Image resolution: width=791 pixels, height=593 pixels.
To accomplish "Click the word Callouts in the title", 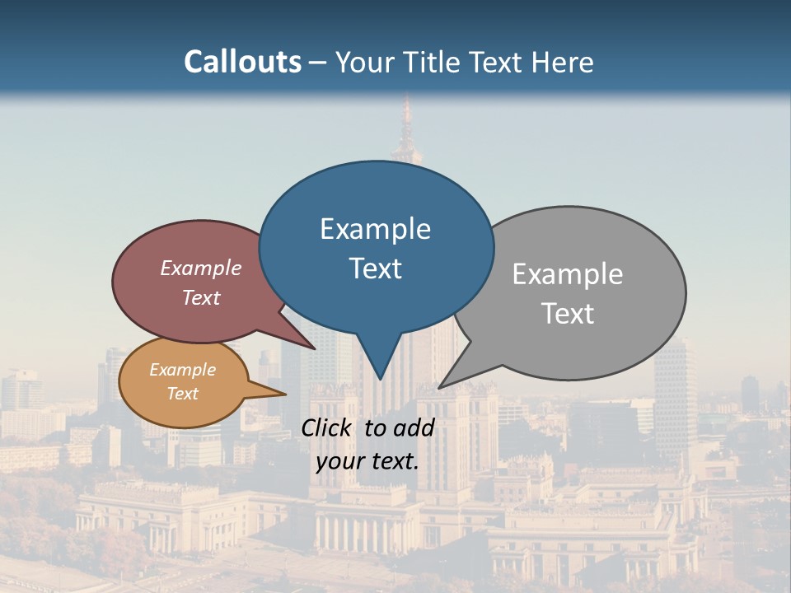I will [242, 62].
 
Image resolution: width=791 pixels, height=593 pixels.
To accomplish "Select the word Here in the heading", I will [564, 62].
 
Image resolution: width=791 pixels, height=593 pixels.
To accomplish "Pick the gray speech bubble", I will [593, 247].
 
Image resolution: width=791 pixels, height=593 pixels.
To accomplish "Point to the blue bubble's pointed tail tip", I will [380, 378].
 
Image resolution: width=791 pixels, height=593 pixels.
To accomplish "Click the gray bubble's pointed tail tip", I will [441, 386].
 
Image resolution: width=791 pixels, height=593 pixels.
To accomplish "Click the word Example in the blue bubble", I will [375, 228].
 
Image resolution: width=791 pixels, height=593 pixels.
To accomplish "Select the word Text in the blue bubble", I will [376, 268].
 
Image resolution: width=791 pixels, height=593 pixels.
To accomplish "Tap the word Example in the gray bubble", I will [568, 273].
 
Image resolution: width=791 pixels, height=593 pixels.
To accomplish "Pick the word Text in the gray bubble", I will [568, 313].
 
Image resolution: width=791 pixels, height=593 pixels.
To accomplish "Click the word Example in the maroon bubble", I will [201, 268].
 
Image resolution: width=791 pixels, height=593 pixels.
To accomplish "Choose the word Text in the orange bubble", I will [183, 394].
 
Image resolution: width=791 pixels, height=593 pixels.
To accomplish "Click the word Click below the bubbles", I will [327, 427].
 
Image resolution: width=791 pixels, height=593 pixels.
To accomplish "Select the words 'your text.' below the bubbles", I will [367, 461].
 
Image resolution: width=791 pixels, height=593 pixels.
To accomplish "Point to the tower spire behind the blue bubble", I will [405, 124].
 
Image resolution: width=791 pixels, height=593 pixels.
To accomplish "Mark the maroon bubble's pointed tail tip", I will [315, 348].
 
